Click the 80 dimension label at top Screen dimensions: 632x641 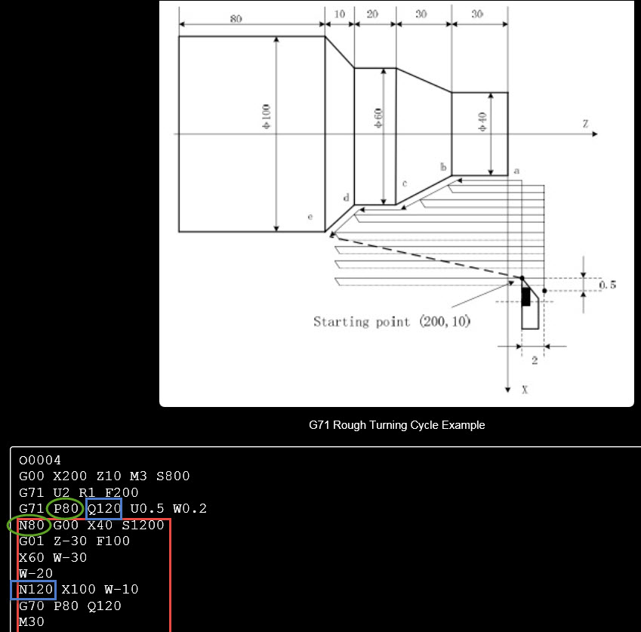(x=236, y=19)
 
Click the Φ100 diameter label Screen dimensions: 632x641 (x=267, y=116)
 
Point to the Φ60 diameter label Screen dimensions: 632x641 (x=379, y=117)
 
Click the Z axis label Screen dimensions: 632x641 (x=585, y=123)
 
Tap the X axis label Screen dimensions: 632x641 (x=525, y=390)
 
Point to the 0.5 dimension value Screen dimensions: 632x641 (x=608, y=285)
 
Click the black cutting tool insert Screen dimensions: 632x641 (x=526, y=296)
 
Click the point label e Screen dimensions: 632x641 (x=310, y=217)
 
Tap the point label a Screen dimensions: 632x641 (x=516, y=171)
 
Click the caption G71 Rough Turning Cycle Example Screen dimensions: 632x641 (x=396, y=425)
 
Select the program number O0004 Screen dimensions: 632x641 (x=40, y=460)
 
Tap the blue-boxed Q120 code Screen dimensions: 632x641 (x=103, y=509)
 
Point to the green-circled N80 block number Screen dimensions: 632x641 (x=31, y=525)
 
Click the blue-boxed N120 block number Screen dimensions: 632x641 (x=34, y=590)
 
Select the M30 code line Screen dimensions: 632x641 (x=32, y=622)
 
